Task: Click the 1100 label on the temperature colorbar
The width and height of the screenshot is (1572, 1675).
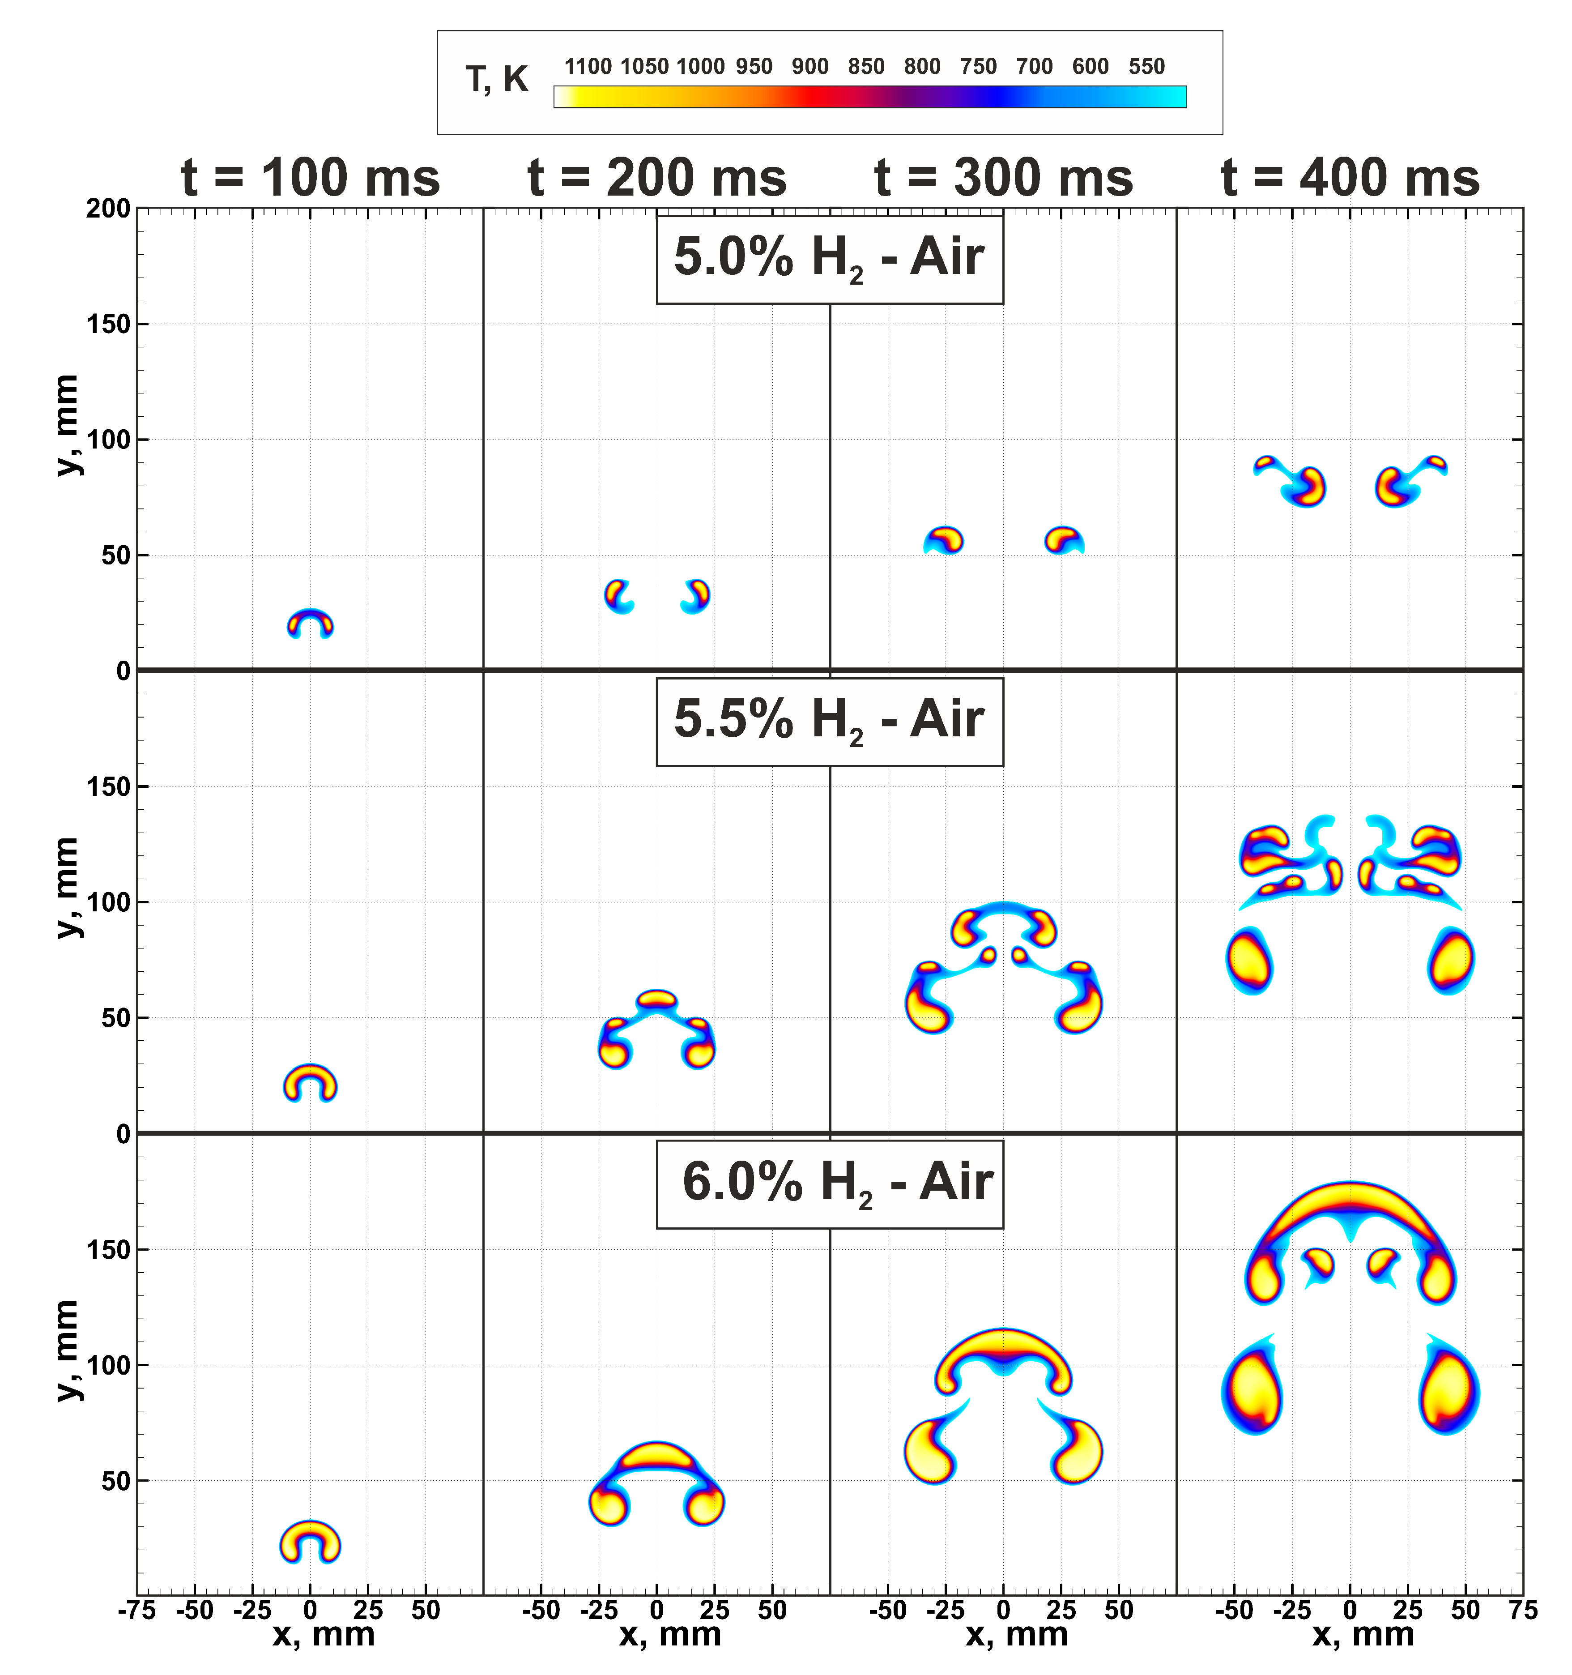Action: coord(587,67)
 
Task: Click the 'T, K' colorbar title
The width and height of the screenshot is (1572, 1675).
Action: coord(496,79)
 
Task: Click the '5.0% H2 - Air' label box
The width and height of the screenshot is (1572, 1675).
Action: coord(829,259)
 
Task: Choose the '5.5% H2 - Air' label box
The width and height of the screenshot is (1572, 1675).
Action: coord(829,721)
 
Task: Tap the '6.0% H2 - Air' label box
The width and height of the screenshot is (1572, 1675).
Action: coord(829,1184)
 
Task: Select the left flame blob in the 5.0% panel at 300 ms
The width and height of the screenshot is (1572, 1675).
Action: coord(944,539)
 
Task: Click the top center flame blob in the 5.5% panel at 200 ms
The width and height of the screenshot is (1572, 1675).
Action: coord(656,999)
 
